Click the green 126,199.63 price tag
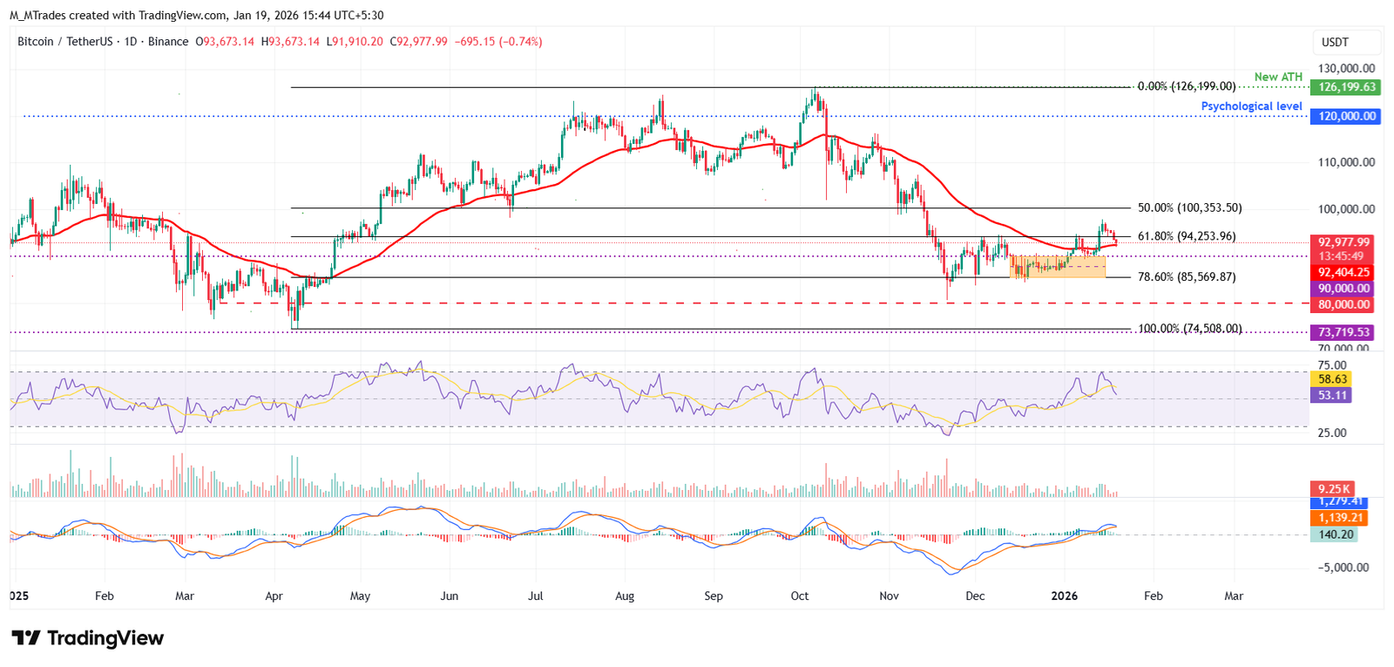tap(1347, 87)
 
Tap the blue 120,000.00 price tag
tap(1345, 116)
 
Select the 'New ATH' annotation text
tap(1278, 77)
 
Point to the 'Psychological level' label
tap(1251, 106)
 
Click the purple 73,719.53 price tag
tap(1343, 332)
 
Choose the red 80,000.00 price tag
tap(1343, 305)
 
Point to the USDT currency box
tap(1335, 42)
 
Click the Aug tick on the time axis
tap(625, 596)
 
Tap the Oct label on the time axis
tap(800, 596)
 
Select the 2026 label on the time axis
tap(1065, 596)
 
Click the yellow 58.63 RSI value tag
tap(1332, 379)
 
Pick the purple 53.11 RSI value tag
tap(1332, 396)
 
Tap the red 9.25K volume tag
tap(1333, 489)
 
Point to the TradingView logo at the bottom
tap(87, 638)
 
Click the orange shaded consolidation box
tap(1058, 267)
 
